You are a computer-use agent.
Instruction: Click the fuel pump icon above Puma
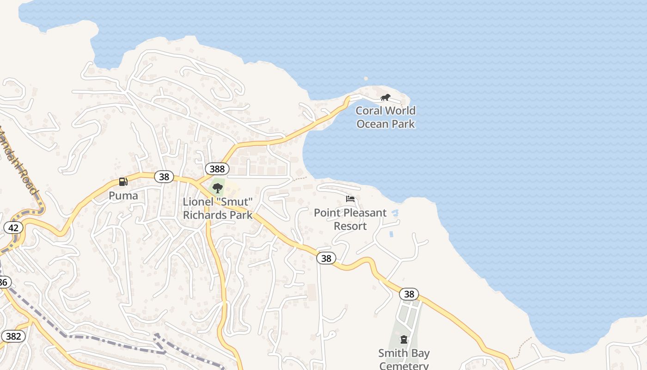pyautogui.click(x=123, y=182)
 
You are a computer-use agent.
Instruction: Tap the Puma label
pyautogui.click(x=123, y=196)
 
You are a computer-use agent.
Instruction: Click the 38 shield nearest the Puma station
pyautogui.click(x=164, y=176)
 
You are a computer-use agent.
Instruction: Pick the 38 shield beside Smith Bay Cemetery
pyautogui.click(x=409, y=294)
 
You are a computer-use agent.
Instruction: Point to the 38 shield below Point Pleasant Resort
pyautogui.click(x=326, y=259)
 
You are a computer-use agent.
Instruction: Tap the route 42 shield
pyautogui.click(x=13, y=228)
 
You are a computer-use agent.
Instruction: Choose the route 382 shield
pyautogui.click(x=13, y=336)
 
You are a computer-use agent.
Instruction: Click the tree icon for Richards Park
pyautogui.click(x=217, y=188)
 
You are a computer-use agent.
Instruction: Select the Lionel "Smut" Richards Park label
pyautogui.click(x=218, y=209)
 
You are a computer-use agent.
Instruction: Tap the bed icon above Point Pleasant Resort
pyautogui.click(x=350, y=199)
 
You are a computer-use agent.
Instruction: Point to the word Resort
pyautogui.click(x=350, y=226)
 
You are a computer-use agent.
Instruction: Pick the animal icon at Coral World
pyautogui.click(x=385, y=98)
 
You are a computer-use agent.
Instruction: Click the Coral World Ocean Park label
pyautogui.click(x=385, y=117)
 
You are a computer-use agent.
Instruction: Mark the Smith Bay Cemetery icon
pyautogui.click(x=404, y=340)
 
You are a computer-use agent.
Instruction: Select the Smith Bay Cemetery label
pyautogui.click(x=404, y=359)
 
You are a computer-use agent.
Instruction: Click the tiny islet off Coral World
pyautogui.click(x=366, y=79)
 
